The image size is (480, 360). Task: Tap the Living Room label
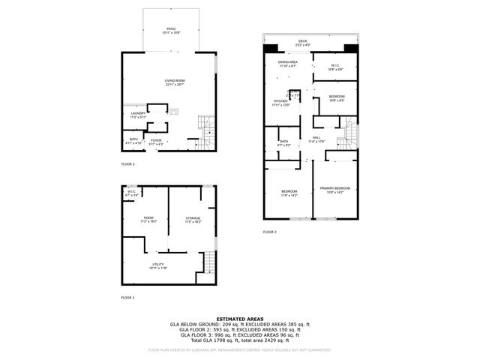tap(175, 81)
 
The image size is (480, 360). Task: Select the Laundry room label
tap(138, 115)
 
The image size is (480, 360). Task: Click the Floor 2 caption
tap(127, 163)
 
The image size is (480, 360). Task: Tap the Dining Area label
tap(288, 64)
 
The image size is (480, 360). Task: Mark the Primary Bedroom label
tap(335, 189)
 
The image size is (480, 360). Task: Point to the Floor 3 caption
tap(270, 232)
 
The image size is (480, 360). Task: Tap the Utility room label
tap(157, 265)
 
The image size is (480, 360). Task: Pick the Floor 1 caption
tap(127, 298)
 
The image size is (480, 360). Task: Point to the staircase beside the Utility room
tap(210, 264)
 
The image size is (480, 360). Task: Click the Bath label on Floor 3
tap(284, 142)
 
